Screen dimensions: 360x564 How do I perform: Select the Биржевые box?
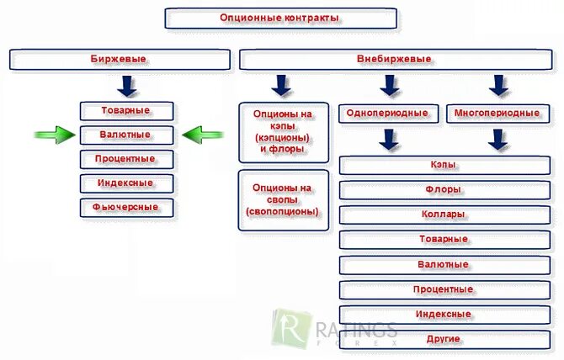coord(120,59)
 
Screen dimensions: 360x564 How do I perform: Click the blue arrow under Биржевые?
coord(127,84)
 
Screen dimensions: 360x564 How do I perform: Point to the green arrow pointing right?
coord(55,134)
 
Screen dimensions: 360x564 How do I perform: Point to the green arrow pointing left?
coord(202,134)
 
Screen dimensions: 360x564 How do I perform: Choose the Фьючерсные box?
coord(127,207)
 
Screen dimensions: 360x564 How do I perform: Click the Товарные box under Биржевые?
coord(127,110)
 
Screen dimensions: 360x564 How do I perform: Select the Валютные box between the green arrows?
coord(127,135)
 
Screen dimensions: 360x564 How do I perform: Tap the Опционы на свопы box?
coord(283,200)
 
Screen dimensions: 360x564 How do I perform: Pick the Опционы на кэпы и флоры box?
coord(283,131)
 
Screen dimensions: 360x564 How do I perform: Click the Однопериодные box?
coord(389,113)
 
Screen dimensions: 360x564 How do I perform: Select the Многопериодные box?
coord(497,113)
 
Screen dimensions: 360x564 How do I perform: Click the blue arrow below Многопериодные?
coord(499,139)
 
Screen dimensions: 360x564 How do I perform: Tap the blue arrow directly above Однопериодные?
coord(389,85)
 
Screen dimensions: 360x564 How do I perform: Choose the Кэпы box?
coord(444,166)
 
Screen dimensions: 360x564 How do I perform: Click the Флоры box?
coord(444,190)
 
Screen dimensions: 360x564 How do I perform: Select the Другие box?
coord(444,339)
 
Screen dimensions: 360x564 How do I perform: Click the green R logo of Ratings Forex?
coord(288,326)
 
